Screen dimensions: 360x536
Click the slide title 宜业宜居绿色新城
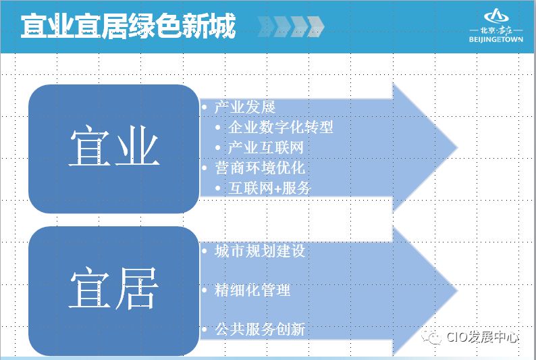[128, 26]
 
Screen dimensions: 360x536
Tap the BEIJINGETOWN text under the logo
[495, 40]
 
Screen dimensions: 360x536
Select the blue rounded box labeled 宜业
[113, 149]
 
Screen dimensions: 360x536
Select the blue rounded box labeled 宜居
[113, 290]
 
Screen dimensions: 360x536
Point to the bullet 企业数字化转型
[280, 127]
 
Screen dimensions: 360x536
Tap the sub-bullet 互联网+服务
[269, 188]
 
